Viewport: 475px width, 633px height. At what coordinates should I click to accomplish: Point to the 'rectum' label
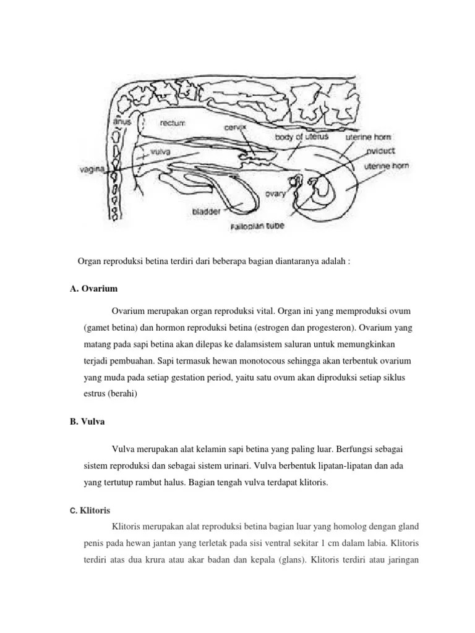tap(173, 123)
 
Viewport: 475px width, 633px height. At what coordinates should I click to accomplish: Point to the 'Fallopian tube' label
tap(258, 226)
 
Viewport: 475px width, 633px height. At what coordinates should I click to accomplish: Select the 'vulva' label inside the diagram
tap(161, 150)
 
